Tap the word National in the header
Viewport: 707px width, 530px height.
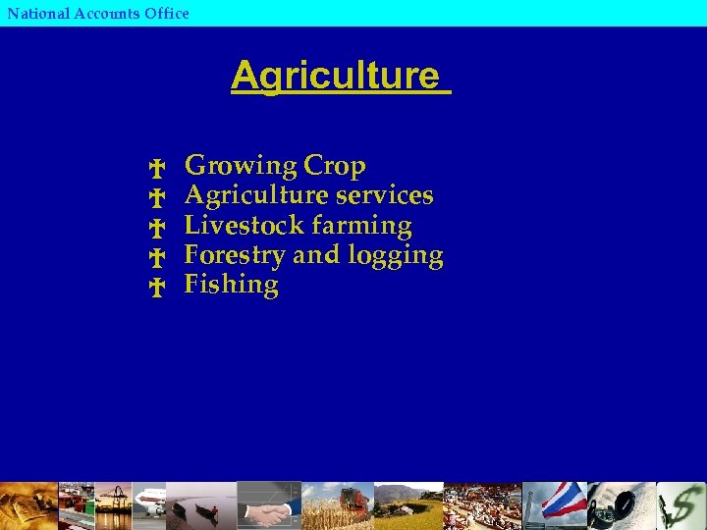(38, 13)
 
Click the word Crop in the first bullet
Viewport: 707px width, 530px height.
(335, 167)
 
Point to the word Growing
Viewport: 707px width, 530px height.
(241, 167)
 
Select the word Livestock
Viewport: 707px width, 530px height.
(241, 225)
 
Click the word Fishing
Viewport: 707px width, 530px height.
(232, 286)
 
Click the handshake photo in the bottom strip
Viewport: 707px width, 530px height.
(268, 510)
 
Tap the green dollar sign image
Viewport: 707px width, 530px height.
(682, 506)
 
